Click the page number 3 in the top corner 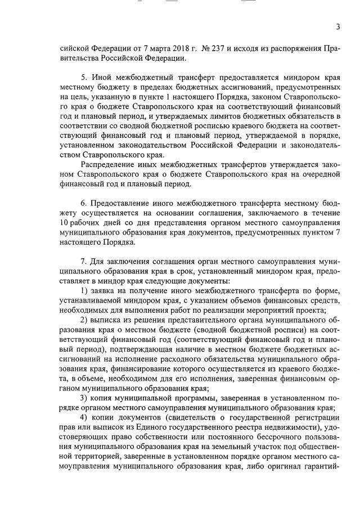338,27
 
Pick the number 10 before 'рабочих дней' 65,222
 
